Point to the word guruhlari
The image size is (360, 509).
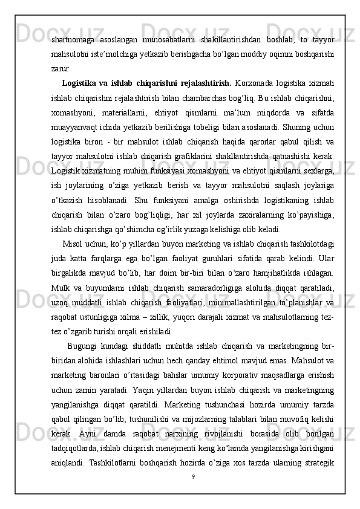click(x=246, y=259)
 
